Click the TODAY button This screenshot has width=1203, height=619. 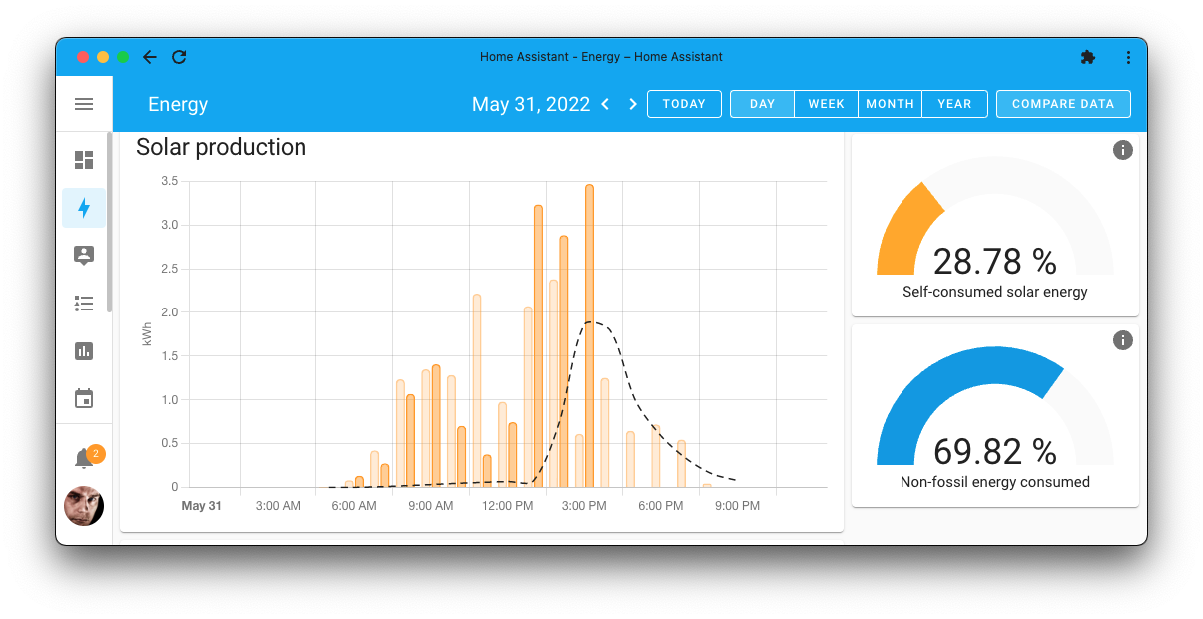coord(684,104)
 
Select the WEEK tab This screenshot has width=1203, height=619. coord(826,104)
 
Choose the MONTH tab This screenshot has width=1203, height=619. coord(890,104)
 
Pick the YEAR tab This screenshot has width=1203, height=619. coord(954,104)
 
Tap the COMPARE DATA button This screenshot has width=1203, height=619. coord(1063,104)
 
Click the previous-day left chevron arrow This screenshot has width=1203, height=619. coord(605,104)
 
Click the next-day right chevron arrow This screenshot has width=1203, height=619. coord(632,104)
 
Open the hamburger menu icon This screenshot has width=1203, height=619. coord(84,104)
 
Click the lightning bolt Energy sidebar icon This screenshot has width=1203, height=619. coord(84,208)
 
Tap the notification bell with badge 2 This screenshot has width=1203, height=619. coord(85,458)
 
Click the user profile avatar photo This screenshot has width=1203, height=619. coord(84,506)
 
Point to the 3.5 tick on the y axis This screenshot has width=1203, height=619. coord(169,181)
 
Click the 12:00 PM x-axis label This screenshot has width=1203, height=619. coord(507,506)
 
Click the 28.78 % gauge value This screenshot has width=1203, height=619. coord(994,262)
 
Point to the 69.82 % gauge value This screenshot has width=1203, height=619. coord(994,452)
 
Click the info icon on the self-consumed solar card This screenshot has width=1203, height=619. coord(1122,150)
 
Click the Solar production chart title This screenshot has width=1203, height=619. coord(221,147)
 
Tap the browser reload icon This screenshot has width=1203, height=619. coord(179,57)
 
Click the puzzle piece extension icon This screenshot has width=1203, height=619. coord(1088,57)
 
